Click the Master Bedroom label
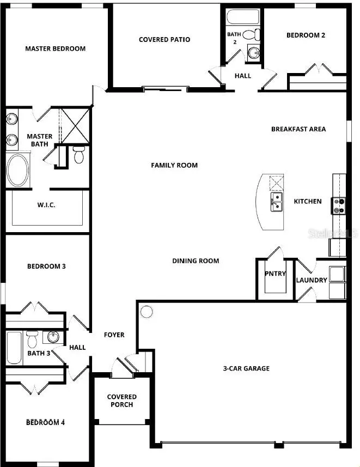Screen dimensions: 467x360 55,48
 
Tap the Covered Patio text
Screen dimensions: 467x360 164,39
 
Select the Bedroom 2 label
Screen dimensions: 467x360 306,35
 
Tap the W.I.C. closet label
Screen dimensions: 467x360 47,206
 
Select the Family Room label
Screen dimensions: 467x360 174,165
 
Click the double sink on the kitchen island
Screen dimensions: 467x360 276,201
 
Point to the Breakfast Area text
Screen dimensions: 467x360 298,129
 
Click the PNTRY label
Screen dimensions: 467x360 275,274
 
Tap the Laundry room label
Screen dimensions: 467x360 312,280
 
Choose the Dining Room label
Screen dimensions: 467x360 196,260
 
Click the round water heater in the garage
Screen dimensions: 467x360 147,312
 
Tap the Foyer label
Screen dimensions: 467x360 114,335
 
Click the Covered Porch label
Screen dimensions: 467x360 121,401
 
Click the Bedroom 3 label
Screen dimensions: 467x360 46,266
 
